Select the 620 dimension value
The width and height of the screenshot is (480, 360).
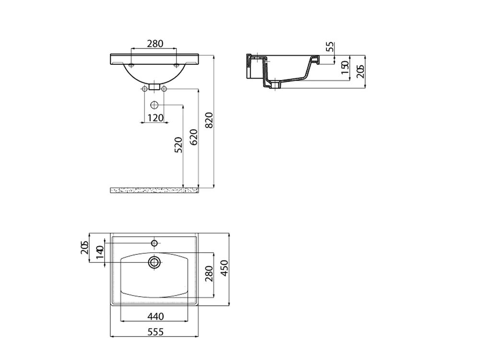coord(193,137)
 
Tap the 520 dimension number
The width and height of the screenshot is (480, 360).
coord(178,145)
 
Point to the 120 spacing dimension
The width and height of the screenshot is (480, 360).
coord(156,118)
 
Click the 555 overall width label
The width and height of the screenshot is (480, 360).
coord(156,332)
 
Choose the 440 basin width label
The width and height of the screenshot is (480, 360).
coord(156,316)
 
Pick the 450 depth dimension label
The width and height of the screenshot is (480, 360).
coord(224,268)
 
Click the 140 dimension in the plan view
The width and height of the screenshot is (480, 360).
coord(100,252)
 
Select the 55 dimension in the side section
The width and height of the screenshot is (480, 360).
coord(330,47)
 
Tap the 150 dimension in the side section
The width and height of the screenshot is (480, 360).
coord(345,67)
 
